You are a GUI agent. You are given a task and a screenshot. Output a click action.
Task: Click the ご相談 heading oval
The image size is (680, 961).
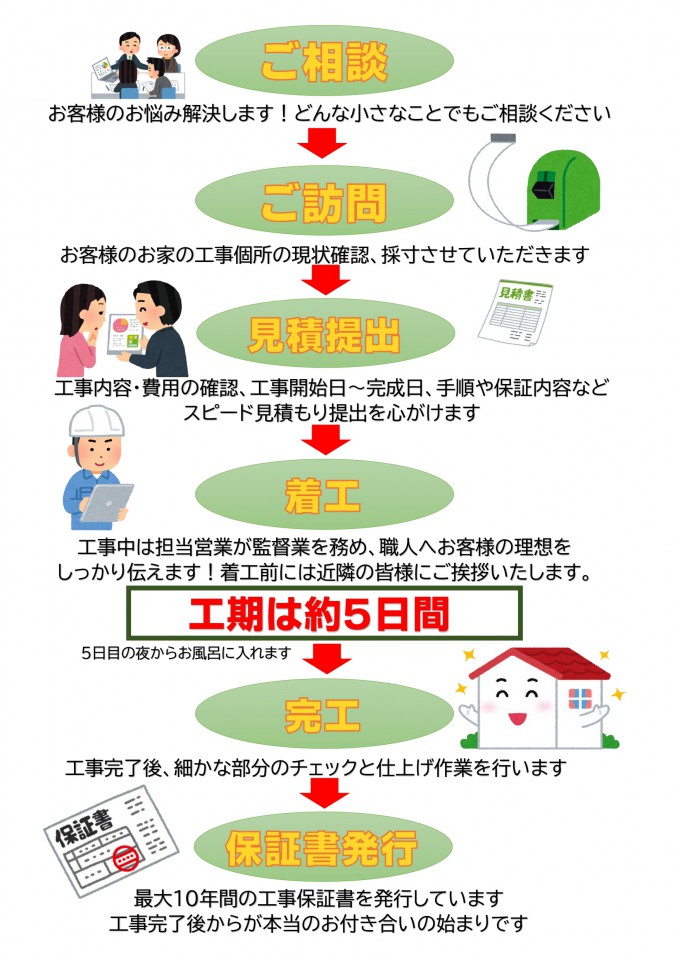pos(324,60)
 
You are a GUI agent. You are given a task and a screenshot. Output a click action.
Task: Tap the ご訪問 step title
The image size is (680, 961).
pos(324,202)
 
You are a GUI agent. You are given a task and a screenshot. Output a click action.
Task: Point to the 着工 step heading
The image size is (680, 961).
pos(323,495)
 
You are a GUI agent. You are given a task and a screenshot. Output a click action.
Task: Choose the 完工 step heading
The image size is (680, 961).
pos(323,715)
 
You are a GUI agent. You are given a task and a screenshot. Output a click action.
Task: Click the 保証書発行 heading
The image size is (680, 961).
pos(322,848)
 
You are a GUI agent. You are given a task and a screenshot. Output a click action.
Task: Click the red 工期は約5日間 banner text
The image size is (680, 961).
pos(319,613)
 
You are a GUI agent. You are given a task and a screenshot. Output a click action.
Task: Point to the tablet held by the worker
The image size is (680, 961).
pos(107,502)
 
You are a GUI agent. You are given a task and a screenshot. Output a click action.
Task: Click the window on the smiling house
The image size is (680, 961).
pos(580,698)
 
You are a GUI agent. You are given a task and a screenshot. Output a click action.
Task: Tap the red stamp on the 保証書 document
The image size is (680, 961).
pos(127,857)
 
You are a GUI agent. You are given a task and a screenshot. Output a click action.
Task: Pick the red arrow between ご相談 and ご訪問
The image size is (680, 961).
pos(322,143)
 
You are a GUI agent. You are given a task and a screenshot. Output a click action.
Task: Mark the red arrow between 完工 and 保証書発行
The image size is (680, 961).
pos(324,794)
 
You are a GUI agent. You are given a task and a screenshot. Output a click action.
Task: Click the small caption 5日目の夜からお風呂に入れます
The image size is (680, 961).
pos(186,653)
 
